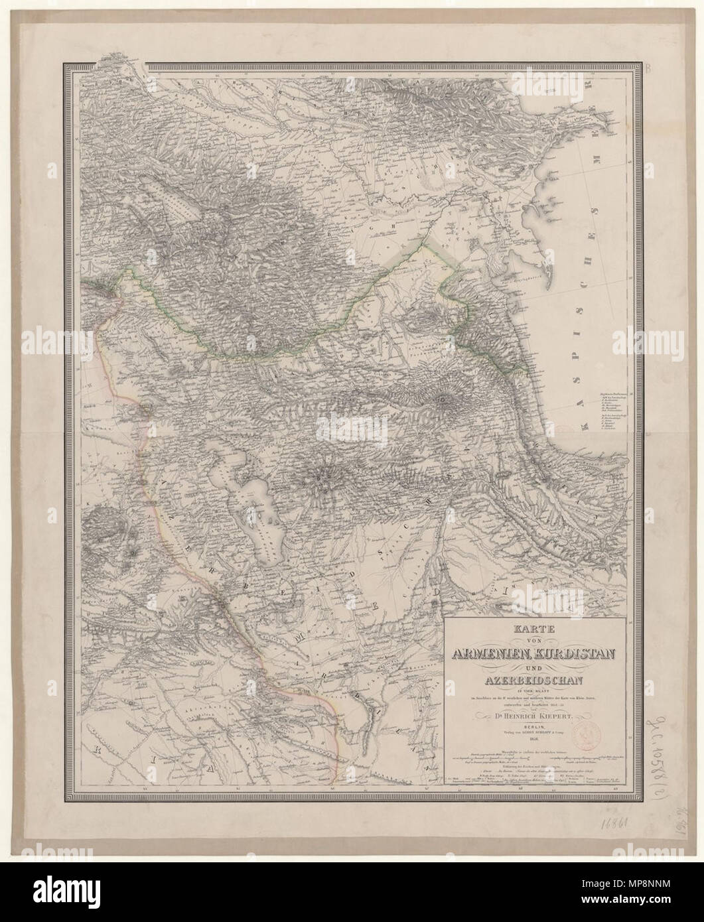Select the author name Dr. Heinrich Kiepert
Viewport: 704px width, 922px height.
pyautogui.click(x=533, y=716)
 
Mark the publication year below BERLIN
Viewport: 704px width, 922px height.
pyautogui.click(x=533, y=744)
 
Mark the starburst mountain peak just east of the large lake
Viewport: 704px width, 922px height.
pyautogui.click(x=323, y=475)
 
